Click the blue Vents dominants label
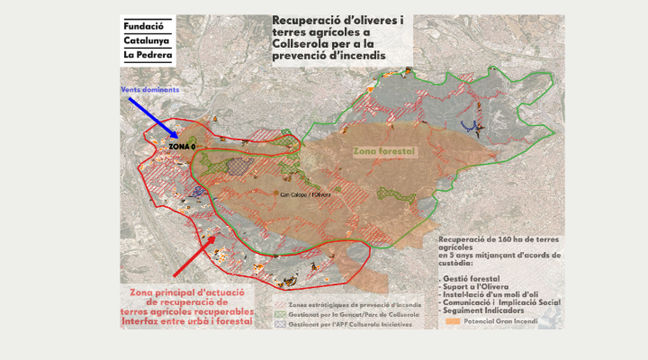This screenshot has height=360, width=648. [150, 90]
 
